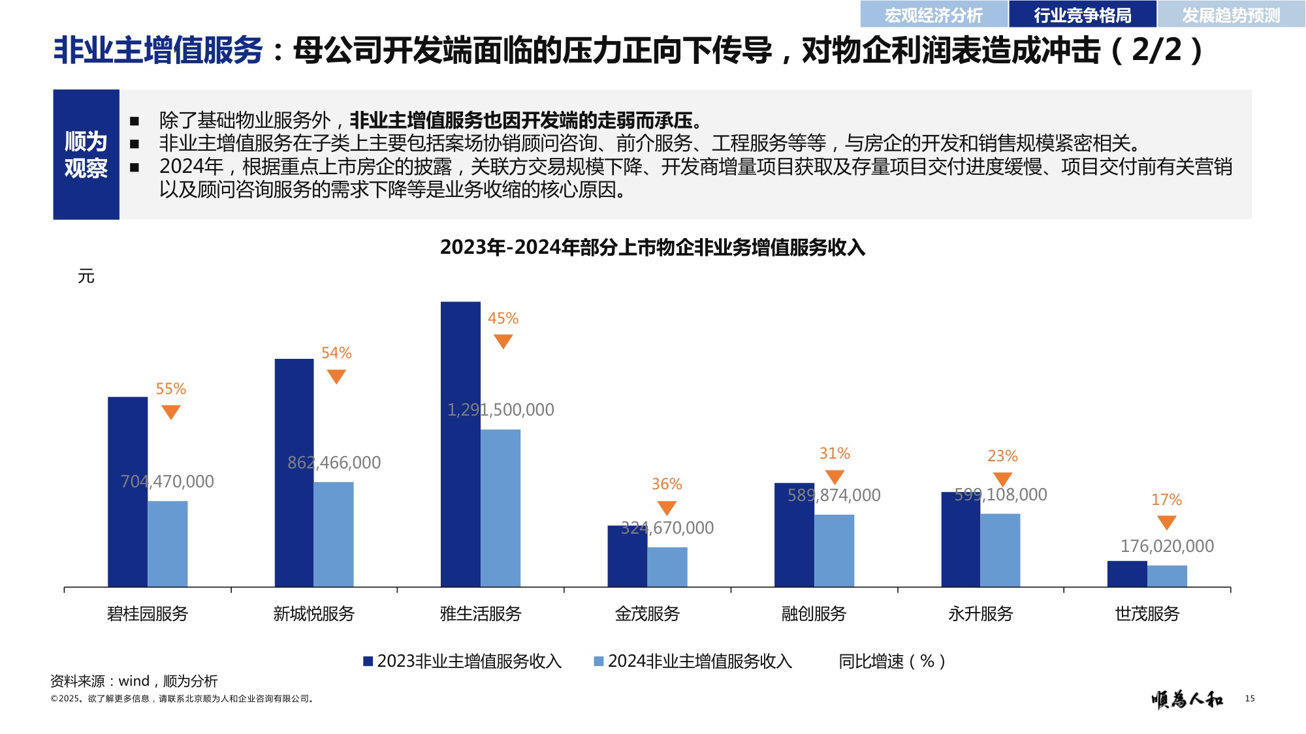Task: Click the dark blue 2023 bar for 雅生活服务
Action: coord(460,444)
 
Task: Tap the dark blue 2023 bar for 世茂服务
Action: coord(1127,573)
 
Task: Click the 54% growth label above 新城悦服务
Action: coord(336,353)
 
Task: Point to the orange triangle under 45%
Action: coord(503,341)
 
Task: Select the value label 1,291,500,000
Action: coord(501,410)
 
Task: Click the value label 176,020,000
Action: coord(1167,546)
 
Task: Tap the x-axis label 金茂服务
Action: coord(647,614)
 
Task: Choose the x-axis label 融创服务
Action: coord(814,614)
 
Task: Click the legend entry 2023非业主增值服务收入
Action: coord(462,662)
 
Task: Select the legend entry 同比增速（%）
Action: coord(892,662)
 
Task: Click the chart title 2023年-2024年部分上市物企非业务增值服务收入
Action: coord(652,248)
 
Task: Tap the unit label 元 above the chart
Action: coord(86,277)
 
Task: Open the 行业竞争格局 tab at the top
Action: coord(1082,14)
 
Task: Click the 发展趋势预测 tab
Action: coord(1231,14)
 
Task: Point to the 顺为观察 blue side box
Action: coord(86,155)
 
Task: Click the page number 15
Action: coord(1249,699)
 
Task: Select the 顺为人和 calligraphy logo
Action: coord(1187,699)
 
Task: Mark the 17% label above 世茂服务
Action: coord(1166,500)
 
